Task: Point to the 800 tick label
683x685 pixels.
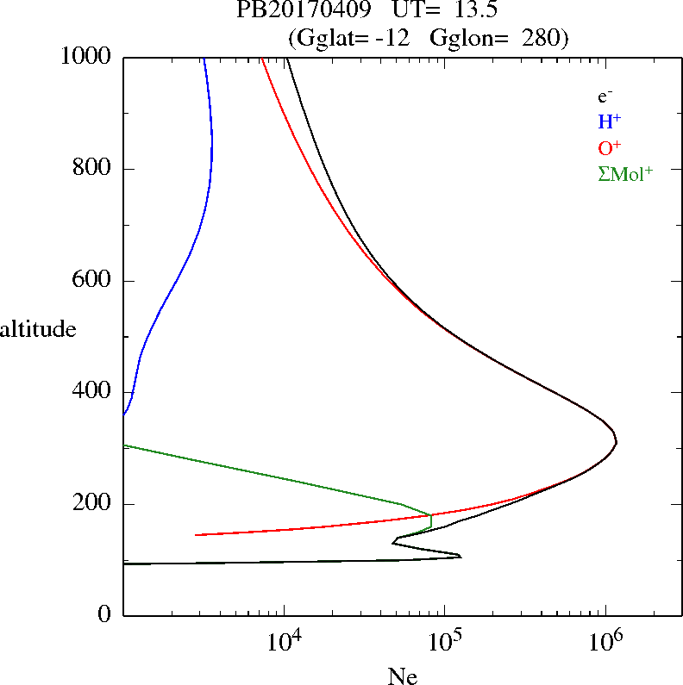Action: pyautogui.click(x=95, y=169)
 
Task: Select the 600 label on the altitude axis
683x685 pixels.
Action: pyautogui.click(x=95, y=281)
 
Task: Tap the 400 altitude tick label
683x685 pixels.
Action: pyautogui.click(x=95, y=393)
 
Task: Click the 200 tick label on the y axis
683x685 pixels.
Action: pyautogui.click(x=95, y=504)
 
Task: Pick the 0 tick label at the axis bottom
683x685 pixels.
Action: pyautogui.click(x=106, y=615)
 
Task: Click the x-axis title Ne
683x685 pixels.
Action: pyautogui.click(x=403, y=676)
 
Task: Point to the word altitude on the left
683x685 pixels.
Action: pyautogui.click(x=38, y=329)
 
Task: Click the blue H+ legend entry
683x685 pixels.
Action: pyautogui.click(x=610, y=121)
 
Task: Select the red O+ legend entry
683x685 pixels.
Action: pyautogui.click(x=610, y=147)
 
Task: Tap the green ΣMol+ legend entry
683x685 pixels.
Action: pyautogui.click(x=625, y=173)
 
